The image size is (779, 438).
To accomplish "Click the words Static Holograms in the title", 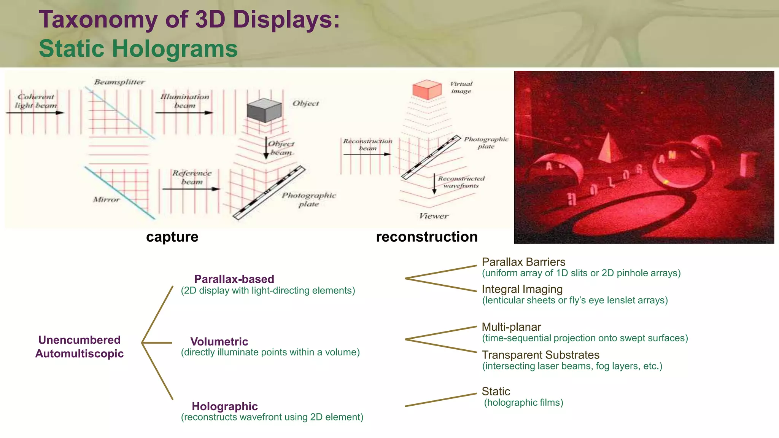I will click(138, 49).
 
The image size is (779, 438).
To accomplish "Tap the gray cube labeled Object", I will click(264, 110).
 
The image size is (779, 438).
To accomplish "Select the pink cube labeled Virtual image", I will click(427, 89).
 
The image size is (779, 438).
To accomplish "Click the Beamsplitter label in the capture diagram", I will click(119, 82).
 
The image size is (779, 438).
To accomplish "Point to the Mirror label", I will click(106, 199).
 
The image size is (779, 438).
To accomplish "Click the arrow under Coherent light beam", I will click(35, 113).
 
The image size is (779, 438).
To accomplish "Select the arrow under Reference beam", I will click(191, 189).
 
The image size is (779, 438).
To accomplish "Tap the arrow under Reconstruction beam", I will click(367, 154).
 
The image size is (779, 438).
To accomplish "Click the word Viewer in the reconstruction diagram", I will click(434, 216).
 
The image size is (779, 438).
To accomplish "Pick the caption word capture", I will click(172, 237).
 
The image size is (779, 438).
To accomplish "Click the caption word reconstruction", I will click(426, 237).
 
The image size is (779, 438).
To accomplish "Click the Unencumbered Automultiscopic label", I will click(79, 347).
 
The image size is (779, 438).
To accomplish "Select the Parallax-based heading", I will click(234, 279).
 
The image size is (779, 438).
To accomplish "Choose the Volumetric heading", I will click(219, 341).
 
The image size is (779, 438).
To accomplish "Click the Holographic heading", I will click(224, 406).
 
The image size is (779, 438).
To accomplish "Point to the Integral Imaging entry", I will click(522, 289).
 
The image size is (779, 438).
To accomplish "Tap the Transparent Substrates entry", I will click(540, 355).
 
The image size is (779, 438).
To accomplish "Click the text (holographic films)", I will click(523, 403).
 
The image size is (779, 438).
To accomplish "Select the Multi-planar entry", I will click(511, 327).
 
